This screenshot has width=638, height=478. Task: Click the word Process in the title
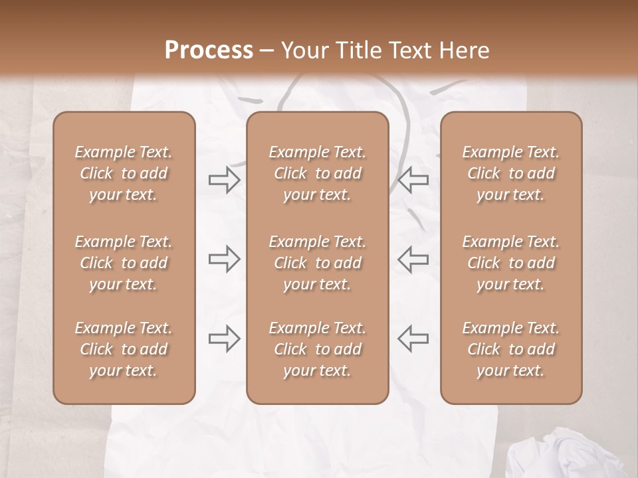tap(209, 50)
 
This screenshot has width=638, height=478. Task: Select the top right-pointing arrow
tap(225, 180)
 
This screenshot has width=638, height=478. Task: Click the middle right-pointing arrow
tap(225, 259)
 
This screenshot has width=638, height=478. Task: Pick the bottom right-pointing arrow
tap(225, 339)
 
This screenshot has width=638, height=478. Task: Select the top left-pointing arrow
tap(413, 180)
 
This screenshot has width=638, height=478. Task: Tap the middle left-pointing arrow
tap(413, 259)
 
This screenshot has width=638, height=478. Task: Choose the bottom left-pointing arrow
tap(413, 339)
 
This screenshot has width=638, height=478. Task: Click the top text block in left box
tap(124, 173)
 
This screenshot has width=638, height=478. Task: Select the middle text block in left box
tap(124, 263)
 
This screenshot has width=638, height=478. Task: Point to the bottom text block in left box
tap(124, 349)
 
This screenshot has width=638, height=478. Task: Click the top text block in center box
tap(317, 173)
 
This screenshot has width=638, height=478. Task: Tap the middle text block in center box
tap(317, 263)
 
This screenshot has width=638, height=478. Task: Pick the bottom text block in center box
tap(317, 349)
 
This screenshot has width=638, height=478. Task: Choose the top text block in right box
tap(510, 173)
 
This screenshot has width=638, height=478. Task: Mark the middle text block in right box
tap(510, 263)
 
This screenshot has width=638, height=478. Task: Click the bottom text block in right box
tap(510, 349)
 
